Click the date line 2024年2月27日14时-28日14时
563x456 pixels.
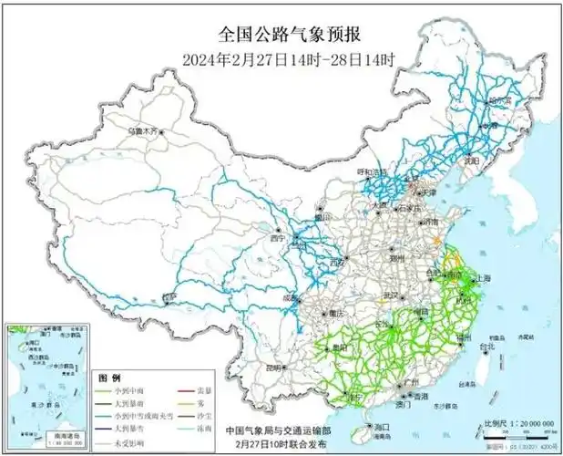click(x=291, y=60)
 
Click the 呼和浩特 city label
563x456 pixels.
click(x=371, y=171)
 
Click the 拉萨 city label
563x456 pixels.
click(x=169, y=297)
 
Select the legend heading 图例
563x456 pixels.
click(x=109, y=377)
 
